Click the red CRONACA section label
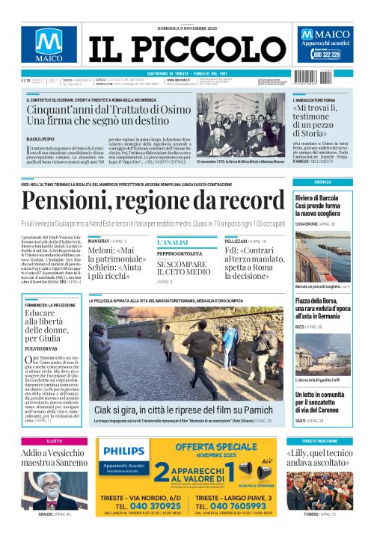coord(322,182)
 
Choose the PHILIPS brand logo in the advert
coord(124,452)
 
